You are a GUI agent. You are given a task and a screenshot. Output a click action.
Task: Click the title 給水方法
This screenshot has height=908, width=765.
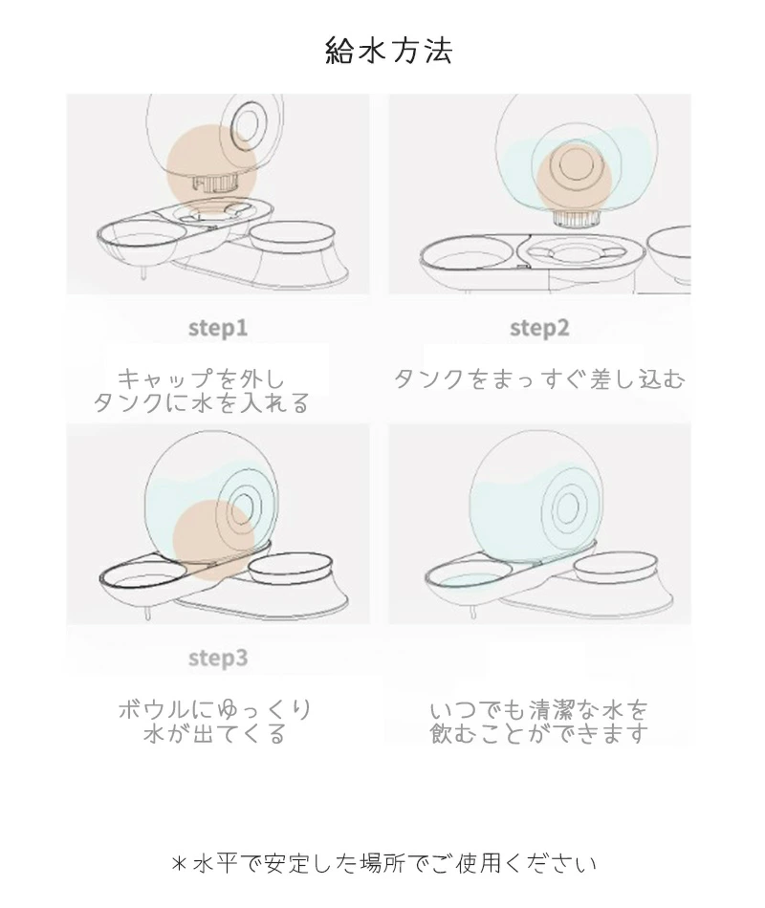388,51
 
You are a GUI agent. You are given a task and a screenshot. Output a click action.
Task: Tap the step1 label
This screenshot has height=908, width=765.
218,329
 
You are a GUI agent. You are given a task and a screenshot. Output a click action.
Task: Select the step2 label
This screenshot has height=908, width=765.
539,329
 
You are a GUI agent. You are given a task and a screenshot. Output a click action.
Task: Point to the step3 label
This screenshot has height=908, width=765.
218,659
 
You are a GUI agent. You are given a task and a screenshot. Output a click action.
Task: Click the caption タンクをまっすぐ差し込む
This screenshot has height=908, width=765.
539,379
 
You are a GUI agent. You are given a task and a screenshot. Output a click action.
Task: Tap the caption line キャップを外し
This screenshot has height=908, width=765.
201,379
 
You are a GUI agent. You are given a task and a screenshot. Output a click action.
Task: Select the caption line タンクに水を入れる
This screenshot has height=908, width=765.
201,403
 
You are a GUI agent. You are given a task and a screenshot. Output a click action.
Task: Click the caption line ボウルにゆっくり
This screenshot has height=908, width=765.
215,709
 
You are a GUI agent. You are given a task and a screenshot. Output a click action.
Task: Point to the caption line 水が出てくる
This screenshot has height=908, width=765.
215,733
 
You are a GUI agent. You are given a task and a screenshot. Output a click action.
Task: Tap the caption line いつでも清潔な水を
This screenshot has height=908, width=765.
539,709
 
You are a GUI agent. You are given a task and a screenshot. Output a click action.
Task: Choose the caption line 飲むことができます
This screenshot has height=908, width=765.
539,733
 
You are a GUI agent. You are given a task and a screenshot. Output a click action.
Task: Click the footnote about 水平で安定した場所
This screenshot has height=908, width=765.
383,863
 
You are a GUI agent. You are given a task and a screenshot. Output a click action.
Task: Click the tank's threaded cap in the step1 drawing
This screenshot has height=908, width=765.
215,184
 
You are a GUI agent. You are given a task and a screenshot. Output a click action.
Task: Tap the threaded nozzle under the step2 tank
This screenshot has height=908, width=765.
575,219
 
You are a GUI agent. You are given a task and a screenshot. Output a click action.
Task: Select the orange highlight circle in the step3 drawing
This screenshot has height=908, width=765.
214,540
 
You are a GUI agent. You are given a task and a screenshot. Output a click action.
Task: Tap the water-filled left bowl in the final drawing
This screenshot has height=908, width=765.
469,579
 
